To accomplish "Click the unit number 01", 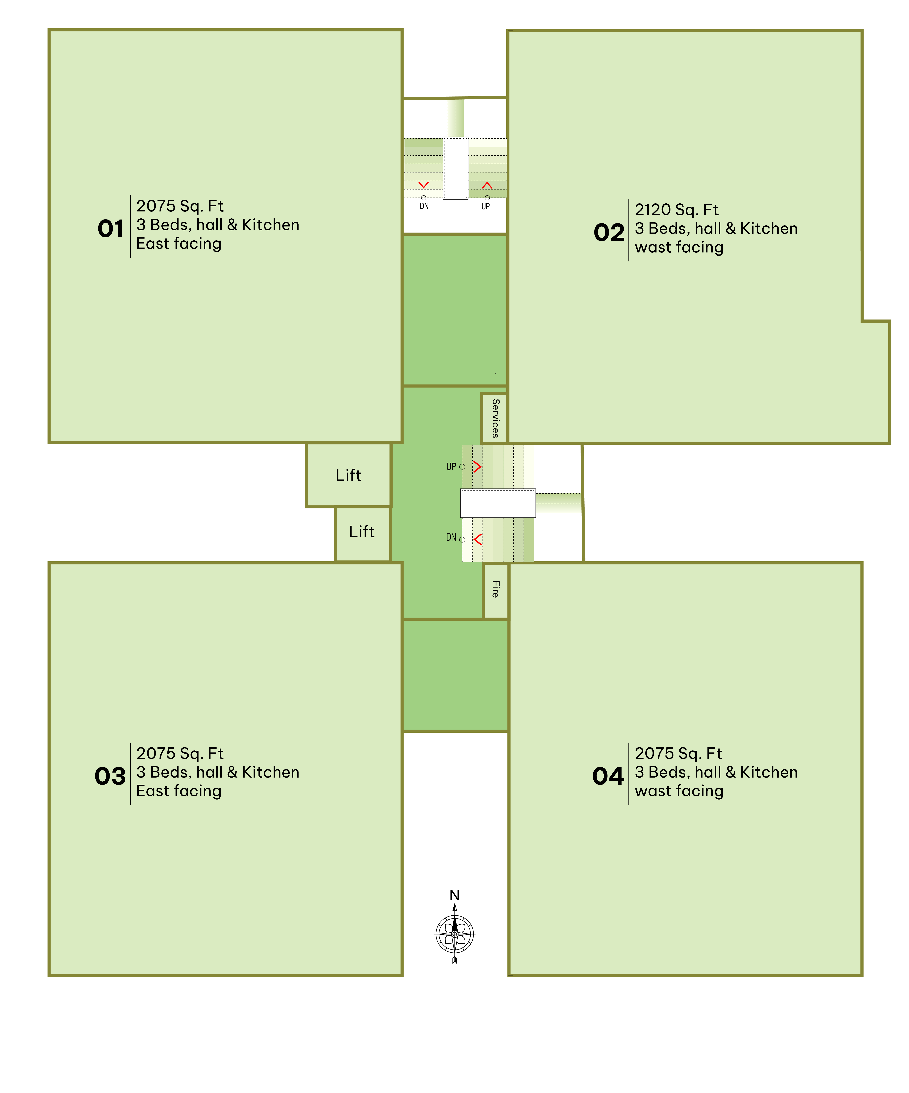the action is click(110, 229).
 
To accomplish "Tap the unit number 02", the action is click(609, 233).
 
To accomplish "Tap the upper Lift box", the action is click(348, 475).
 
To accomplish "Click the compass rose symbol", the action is click(454, 934).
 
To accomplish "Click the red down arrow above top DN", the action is click(424, 185).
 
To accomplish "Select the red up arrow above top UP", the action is click(487, 185).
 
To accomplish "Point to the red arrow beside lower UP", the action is click(477, 466).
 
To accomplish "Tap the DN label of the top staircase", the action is click(424, 206).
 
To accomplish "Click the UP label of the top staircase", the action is click(485, 206).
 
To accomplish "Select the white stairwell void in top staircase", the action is click(455, 168).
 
